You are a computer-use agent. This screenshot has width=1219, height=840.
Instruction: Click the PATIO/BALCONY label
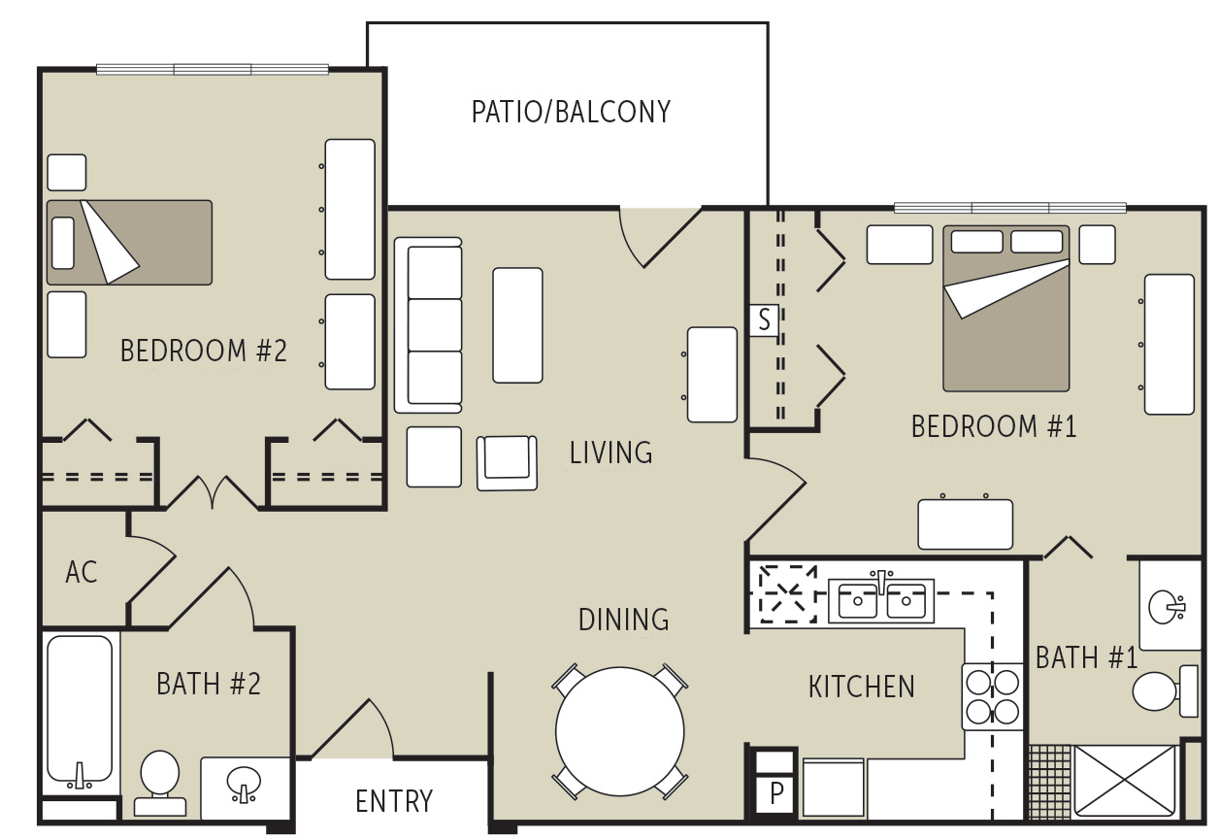click(x=571, y=113)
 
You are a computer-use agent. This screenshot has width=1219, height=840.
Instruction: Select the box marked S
click(x=764, y=320)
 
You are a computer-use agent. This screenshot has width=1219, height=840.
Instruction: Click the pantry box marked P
click(x=775, y=793)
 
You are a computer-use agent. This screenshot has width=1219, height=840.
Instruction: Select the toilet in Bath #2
click(x=159, y=780)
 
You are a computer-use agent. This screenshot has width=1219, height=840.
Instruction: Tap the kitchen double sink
click(x=880, y=601)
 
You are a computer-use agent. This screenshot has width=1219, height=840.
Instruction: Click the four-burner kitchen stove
click(x=992, y=696)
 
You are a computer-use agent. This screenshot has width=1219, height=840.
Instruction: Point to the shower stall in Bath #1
click(x=1125, y=780)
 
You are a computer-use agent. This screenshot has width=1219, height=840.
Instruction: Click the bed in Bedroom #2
click(x=129, y=243)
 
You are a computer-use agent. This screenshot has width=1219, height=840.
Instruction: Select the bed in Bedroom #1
click(x=1005, y=308)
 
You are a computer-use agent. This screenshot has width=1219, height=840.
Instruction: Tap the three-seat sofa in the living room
click(x=428, y=324)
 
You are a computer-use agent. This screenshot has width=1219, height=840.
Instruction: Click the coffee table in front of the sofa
click(x=517, y=325)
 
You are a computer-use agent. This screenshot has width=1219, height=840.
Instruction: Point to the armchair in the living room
click(x=506, y=461)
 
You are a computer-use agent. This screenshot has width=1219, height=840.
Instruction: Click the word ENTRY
click(x=393, y=801)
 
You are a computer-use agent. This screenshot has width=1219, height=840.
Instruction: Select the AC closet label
click(x=82, y=572)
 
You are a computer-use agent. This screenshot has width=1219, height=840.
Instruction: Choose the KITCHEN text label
click(x=861, y=687)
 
